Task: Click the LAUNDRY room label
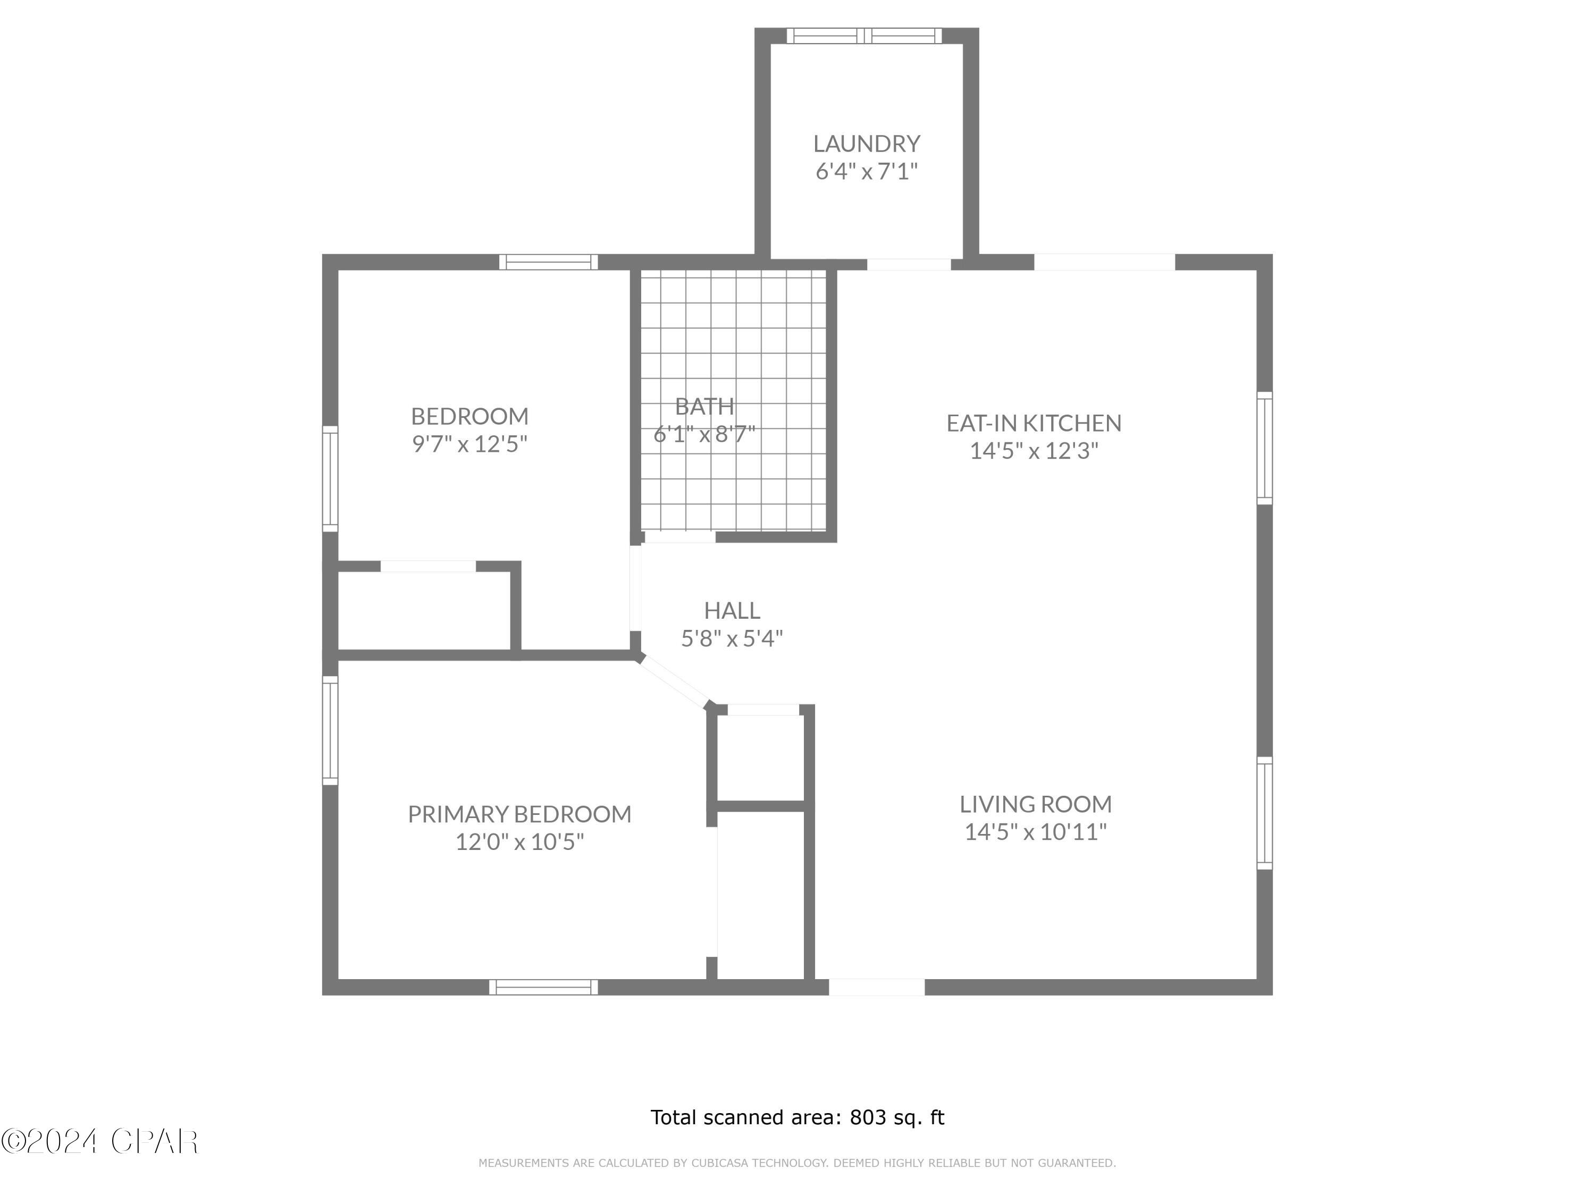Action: pyautogui.click(x=866, y=144)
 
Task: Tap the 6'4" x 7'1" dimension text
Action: pyautogui.click(x=866, y=172)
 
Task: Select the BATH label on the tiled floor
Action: pyautogui.click(x=704, y=407)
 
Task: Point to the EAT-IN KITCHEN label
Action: pyautogui.click(x=1033, y=423)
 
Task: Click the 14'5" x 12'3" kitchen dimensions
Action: pyautogui.click(x=1033, y=451)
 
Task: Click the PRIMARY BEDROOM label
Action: pyautogui.click(x=519, y=814)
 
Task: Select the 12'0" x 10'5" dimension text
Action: pyautogui.click(x=519, y=842)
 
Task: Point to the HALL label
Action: pyautogui.click(x=732, y=611)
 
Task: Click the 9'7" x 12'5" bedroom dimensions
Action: pyautogui.click(x=469, y=444)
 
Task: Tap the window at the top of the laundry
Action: pyautogui.click(x=864, y=36)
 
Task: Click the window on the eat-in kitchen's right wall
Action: pyautogui.click(x=1264, y=448)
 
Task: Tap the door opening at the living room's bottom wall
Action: pyautogui.click(x=876, y=987)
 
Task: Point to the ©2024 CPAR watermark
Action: pyautogui.click(x=99, y=1141)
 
